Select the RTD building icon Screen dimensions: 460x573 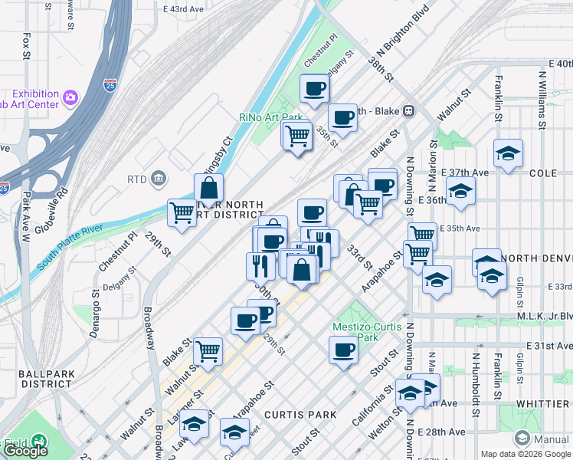click(x=159, y=179)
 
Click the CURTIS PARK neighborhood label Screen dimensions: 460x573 click(x=300, y=415)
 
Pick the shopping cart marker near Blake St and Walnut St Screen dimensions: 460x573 click(x=208, y=351)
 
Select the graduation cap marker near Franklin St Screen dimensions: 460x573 click(x=508, y=153)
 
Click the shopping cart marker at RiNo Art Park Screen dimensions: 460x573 click(x=296, y=136)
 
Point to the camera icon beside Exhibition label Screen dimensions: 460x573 click(x=71, y=97)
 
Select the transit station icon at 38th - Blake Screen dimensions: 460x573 click(x=409, y=110)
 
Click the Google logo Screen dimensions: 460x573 click(x=25, y=451)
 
